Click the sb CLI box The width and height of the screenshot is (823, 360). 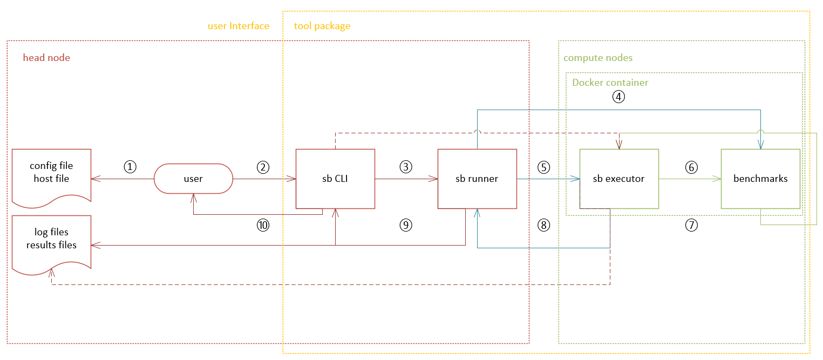pyautogui.click(x=335, y=179)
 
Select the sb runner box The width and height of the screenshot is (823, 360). pyautogui.click(x=477, y=179)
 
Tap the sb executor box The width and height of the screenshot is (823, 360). pyautogui.click(x=618, y=179)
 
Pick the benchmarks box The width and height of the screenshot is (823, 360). pyautogui.click(x=760, y=179)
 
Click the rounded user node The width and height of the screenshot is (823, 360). pyautogui.click(x=193, y=179)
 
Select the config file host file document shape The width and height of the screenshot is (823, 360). pyautogui.click(x=51, y=172)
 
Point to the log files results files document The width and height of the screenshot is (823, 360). pyautogui.click(x=51, y=239)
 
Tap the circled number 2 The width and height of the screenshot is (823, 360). pyautogui.click(x=263, y=167)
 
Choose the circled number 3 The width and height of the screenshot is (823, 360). pyautogui.click(x=405, y=167)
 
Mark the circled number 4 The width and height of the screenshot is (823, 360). pyautogui.click(x=618, y=97)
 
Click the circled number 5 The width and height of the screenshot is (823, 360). pyautogui.click(x=544, y=167)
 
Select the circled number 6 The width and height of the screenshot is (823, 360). pyautogui.click(x=691, y=167)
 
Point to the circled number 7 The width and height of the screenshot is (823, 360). pyautogui.click(x=691, y=225)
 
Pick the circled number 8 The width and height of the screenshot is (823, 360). pyautogui.click(x=544, y=225)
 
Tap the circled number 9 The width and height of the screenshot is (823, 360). pyautogui.click(x=405, y=225)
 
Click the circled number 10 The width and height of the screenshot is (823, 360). pyautogui.click(x=263, y=225)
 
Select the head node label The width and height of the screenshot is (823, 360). pyautogui.click(x=46, y=58)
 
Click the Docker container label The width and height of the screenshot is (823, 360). pyautogui.click(x=610, y=83)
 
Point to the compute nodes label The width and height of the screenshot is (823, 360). pyautogui.click(x=597, y=58)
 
